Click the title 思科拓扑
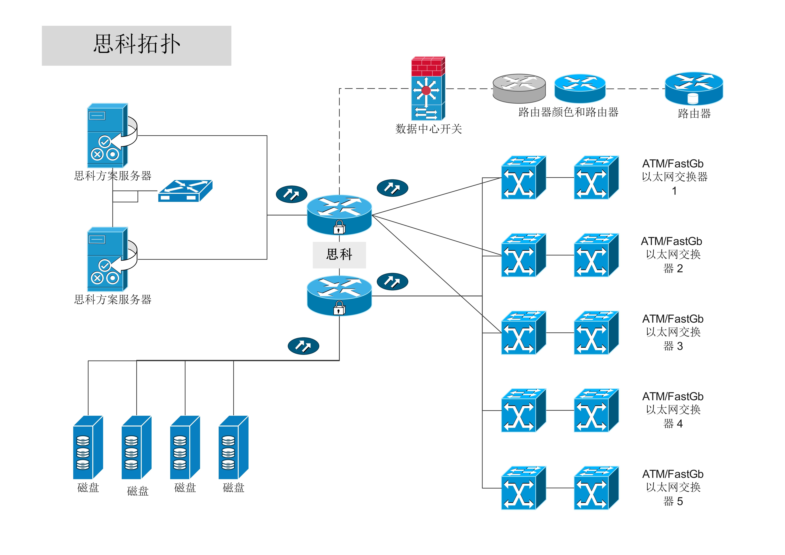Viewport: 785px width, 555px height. click(x=137, y=45)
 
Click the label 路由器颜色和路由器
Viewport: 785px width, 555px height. click(x=568, y=112)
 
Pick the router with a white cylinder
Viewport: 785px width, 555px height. click(x=694, y=88)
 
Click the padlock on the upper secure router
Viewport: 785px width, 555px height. click(x=339, y=227)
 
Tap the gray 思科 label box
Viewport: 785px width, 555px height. click(x=339, y=255)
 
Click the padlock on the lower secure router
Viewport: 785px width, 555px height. click(x=339, y=308)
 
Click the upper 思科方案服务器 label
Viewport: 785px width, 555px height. click(x=113, y=176)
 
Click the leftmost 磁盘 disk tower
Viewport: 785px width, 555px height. click(x=88, y=447)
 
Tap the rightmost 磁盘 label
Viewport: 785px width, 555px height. click(x=234, y=488)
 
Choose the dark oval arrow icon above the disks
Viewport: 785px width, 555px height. click(x=303, y=346)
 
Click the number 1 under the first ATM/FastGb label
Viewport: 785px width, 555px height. click(x=674, y=191)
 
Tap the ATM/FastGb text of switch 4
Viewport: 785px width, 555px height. click(x=673, y=396)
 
